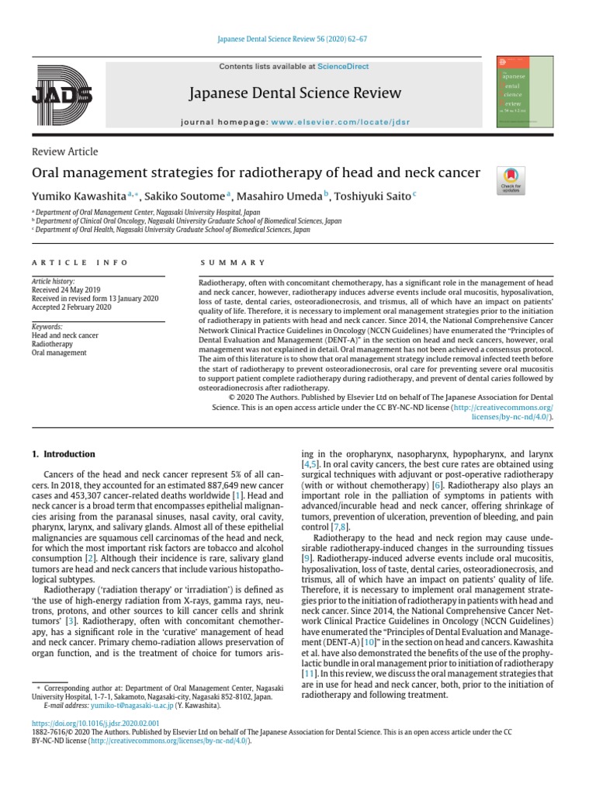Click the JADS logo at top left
point(62,95)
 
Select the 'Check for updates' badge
point(511,180)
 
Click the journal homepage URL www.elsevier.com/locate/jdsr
point(341,123)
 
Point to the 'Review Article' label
point(64,151)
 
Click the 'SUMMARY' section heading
point(233,262)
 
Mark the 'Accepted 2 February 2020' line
point(71,307)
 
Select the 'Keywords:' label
point(47,327)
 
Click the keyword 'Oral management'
point(59,352)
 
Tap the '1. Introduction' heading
point(64,454)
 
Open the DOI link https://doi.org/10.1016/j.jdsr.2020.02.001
point(95,723)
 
